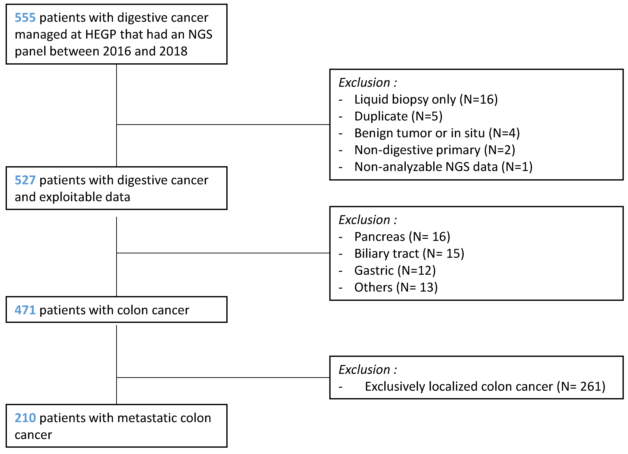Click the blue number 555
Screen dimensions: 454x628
point(25,18)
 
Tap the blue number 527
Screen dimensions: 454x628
point(25,180)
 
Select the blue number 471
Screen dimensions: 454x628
point(25,310)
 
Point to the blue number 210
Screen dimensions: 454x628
point(25,418)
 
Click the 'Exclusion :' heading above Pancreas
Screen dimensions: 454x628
point(368,220)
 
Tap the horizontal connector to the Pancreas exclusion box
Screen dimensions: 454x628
point(223,253)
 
